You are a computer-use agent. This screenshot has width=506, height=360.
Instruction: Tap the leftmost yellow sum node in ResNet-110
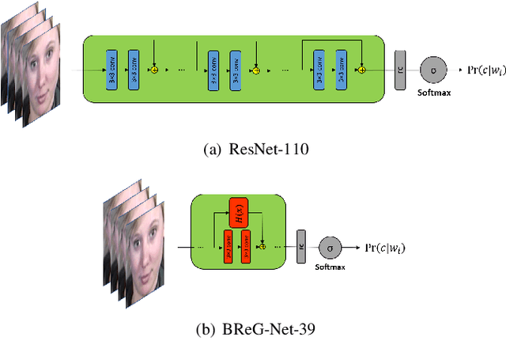tap(154, 70)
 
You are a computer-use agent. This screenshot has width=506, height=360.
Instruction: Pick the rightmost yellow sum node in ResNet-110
tap(361, 70)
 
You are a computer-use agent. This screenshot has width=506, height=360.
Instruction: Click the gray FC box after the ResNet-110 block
tap(401, 70)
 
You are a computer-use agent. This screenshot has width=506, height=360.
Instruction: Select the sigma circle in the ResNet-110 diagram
tap(432, 70)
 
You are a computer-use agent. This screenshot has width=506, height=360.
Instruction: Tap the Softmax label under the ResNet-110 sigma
tap(432, 92)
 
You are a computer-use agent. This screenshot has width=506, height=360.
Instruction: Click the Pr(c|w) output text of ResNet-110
tap(480, 70)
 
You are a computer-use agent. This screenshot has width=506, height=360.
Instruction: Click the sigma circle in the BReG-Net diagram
tap(329, 246)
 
